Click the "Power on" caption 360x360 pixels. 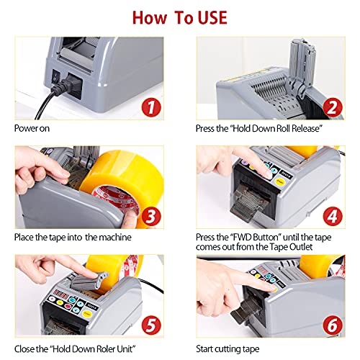point(32,130)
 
